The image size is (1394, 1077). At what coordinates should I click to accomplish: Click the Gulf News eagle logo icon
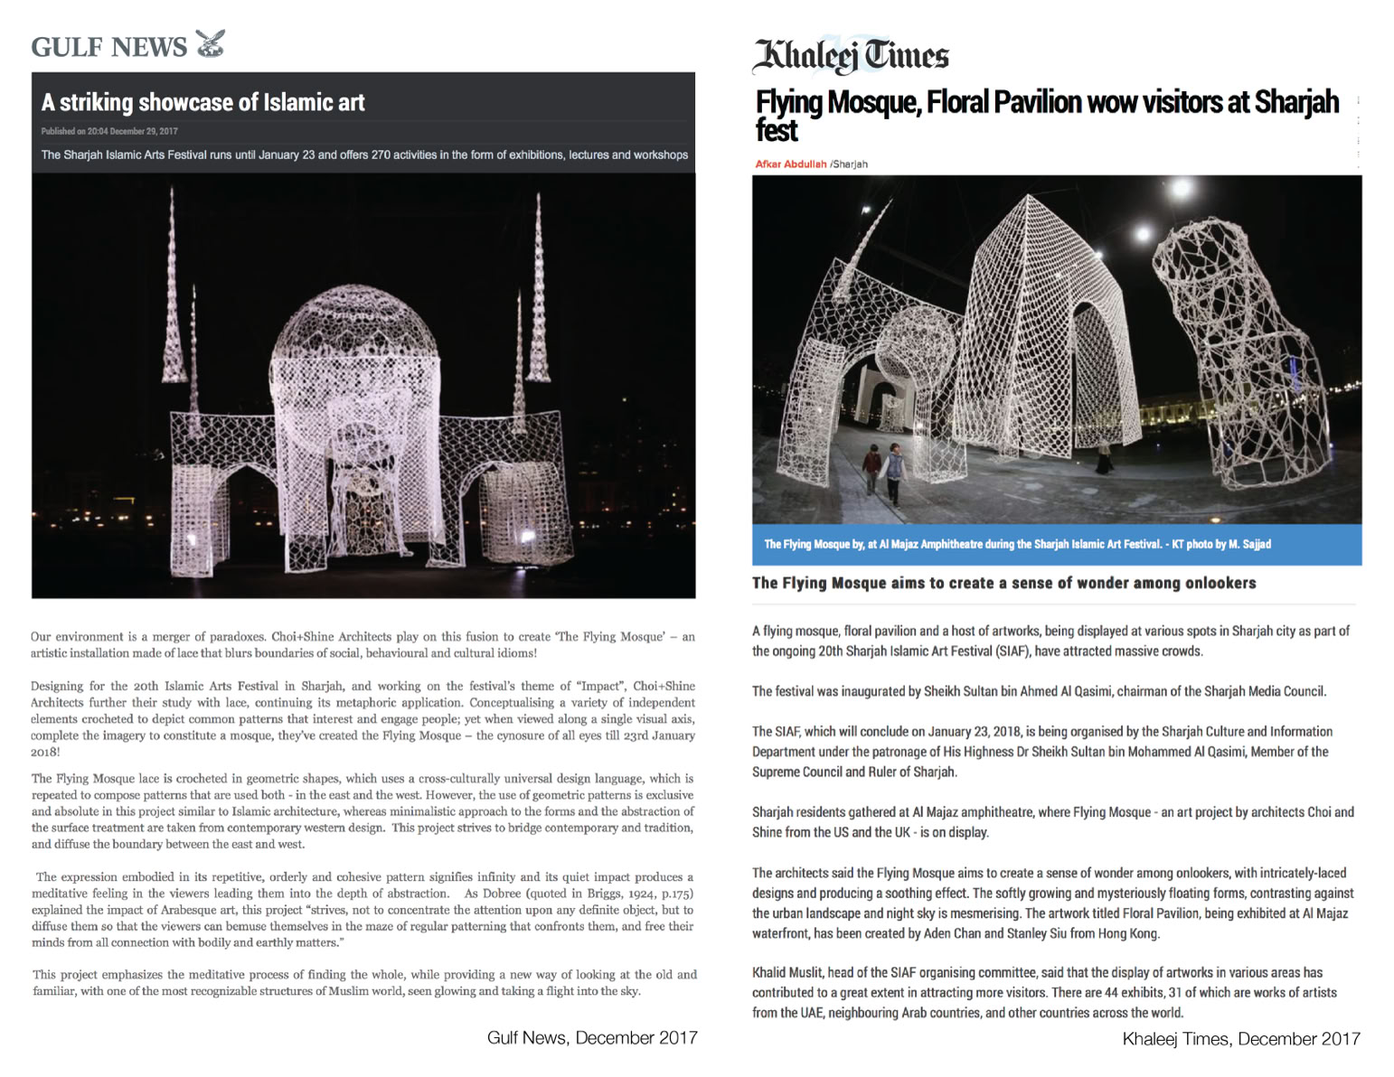point(210,43)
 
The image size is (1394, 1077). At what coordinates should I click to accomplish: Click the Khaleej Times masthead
point(850,56)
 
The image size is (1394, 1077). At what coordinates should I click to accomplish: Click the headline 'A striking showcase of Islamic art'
point(203,103)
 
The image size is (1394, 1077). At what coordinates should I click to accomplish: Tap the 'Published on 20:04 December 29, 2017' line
point(109,131)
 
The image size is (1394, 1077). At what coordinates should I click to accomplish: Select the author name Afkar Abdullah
point(790,164)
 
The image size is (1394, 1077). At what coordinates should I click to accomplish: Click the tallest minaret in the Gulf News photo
point(539,289)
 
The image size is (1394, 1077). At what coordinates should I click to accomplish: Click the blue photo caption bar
point(1056,544)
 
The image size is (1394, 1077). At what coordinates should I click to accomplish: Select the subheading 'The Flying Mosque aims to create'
point(1003,583)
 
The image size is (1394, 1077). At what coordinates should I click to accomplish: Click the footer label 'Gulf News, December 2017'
point(592,1037)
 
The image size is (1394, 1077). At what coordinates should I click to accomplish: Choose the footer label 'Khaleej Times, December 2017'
point(1240,1039)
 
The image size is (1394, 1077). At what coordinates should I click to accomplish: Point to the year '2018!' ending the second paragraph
point(45,752)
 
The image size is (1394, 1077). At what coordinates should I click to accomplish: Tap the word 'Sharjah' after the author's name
point(852,164)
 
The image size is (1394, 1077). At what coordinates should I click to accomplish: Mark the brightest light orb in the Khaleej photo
point(1181,191)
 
